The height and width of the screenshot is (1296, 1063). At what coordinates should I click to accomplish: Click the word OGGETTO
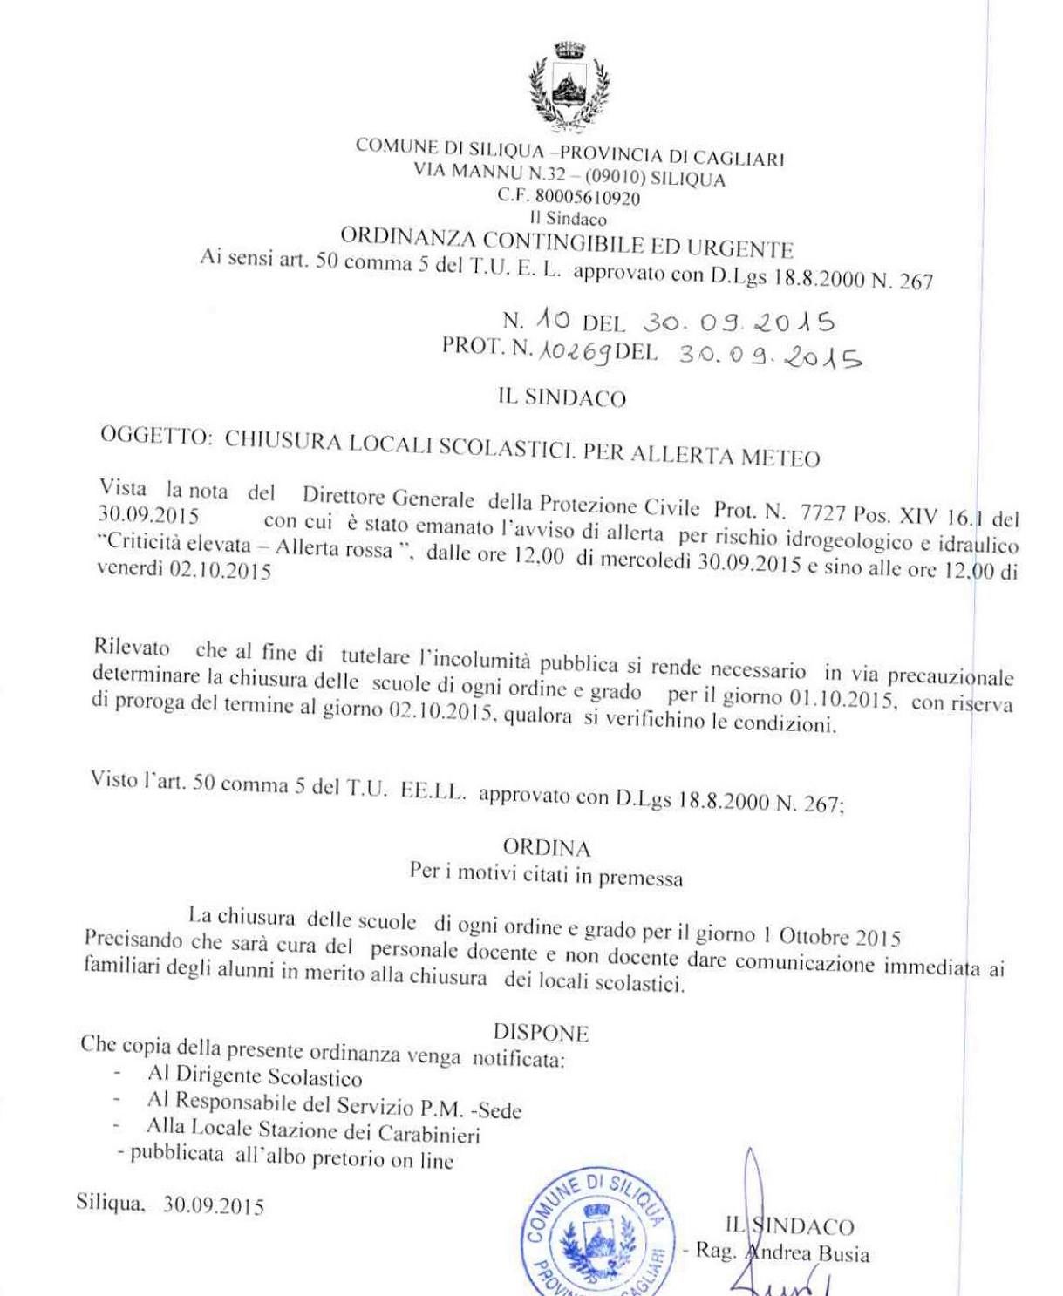[155, 437]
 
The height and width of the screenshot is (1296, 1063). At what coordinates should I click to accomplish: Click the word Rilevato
[132, 648]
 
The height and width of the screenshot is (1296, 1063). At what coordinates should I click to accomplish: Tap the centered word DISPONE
[541, 1033]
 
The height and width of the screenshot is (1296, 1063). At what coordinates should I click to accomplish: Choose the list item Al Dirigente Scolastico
[255, 1077]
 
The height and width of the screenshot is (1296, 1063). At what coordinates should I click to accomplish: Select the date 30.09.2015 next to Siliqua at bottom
[214, 1206]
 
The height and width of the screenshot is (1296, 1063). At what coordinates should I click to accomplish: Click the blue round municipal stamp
[593, 1231]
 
